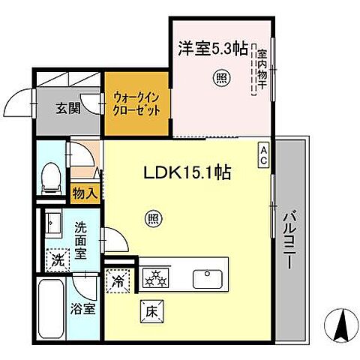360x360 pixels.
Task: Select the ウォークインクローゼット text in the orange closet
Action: (136, 102)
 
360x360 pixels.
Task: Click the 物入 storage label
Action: (83, 193)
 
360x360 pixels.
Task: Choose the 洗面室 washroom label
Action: (85, 238)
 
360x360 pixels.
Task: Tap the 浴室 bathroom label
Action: (82, 308)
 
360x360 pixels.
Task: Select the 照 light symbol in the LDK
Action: (151, 218)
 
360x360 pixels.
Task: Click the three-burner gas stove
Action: (157, 278)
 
